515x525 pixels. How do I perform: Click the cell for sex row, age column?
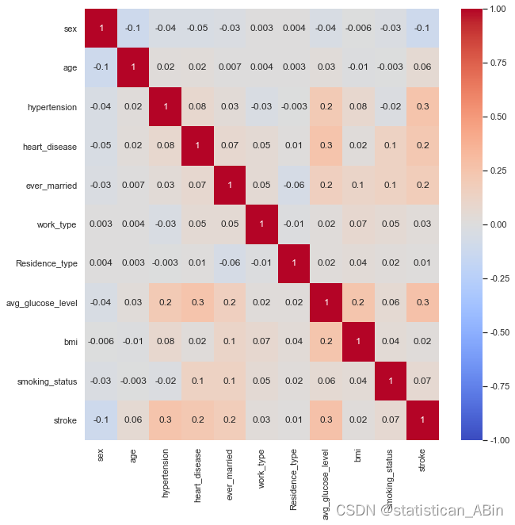pyautogui.click(x=133, y=29)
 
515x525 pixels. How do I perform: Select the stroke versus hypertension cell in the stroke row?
pyautogui.click(x=166, y=420)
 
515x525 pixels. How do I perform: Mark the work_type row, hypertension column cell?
pyautogui.click(x=166, y=224)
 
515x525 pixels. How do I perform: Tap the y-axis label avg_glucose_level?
pyautogui.click(x=40, y=303)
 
